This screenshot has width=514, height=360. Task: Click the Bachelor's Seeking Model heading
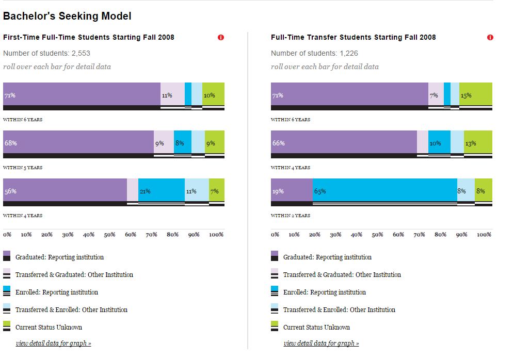click(67, 16)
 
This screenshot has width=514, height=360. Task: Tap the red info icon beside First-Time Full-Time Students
click(221, 38)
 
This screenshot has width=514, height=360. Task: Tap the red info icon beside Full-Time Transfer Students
click(490, 38)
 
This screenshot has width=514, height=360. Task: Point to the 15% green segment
click(475, 94)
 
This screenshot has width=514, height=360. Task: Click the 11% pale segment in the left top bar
click(172, 94)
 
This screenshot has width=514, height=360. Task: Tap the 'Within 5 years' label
click(23, 168)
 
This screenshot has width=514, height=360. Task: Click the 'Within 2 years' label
click(291, 216)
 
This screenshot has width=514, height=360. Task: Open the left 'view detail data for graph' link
click(53, 343)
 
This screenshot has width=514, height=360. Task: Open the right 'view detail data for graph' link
click(321, 343)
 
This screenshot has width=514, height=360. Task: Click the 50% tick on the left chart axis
click(109, 235)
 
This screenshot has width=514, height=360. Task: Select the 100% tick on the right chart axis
click(484, 235)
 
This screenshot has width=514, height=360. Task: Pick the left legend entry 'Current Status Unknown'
click(49, 327)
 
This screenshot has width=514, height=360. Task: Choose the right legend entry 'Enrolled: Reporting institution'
click(324, 292)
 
